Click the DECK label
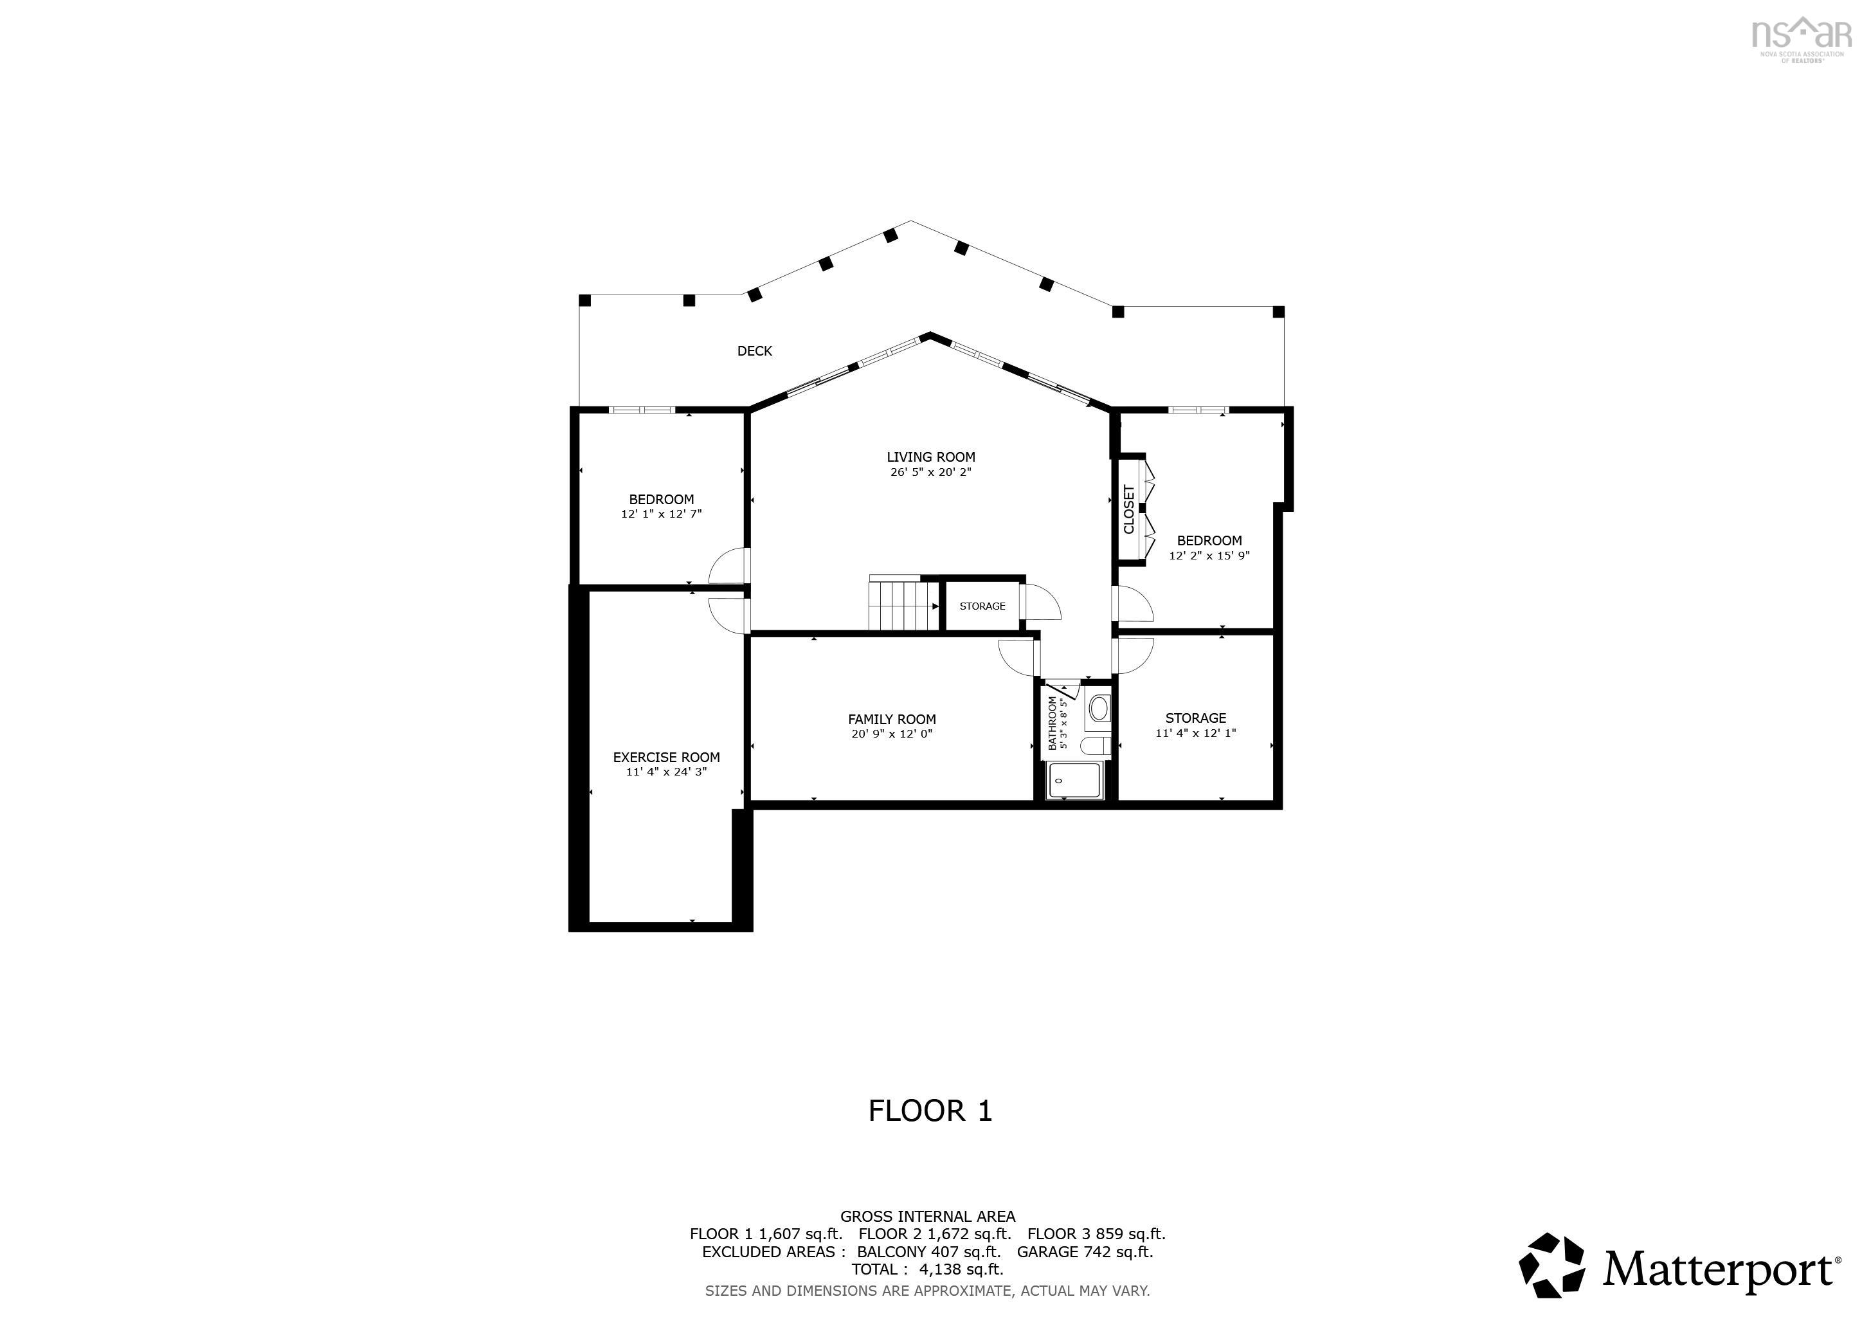754,351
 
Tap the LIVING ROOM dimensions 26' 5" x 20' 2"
930,472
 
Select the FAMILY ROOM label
891,720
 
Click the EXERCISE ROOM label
666,758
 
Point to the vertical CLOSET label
1129,509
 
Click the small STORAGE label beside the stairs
982,606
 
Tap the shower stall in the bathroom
1074,780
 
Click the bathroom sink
1099,709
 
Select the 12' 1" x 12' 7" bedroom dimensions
661,514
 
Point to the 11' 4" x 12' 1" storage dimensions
1195,733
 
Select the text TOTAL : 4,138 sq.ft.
927,1269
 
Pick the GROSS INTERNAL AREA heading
927,1217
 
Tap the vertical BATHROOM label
1053,723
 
